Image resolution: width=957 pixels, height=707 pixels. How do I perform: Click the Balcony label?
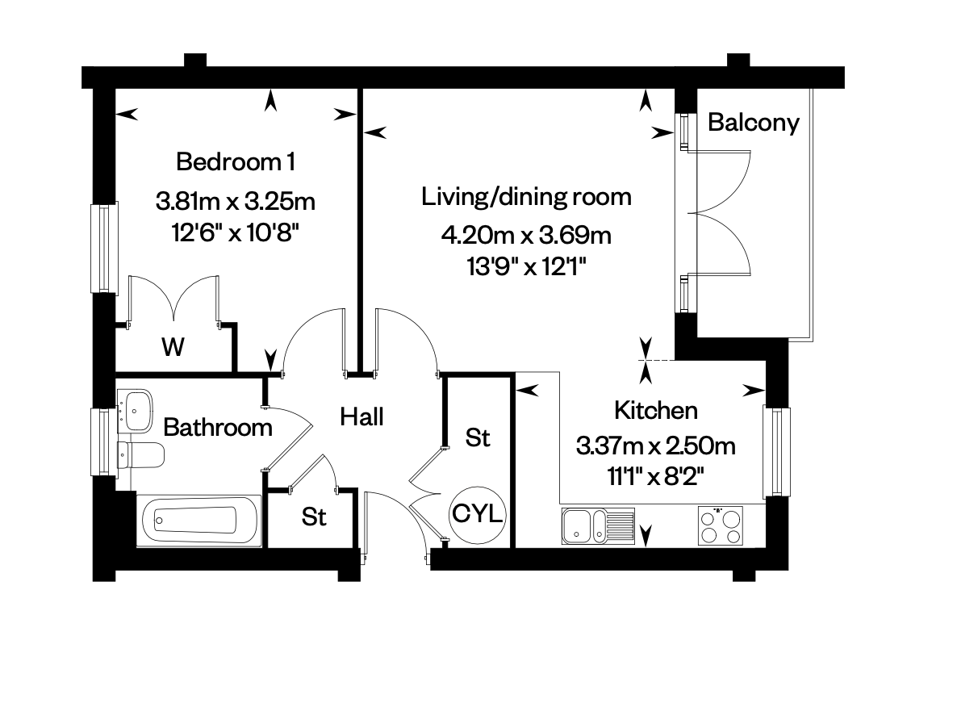click(x=753, y=123)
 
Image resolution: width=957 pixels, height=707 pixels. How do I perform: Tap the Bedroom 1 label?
click(x=236, y=161)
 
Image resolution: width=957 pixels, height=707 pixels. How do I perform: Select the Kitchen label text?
click(x=655, y=410)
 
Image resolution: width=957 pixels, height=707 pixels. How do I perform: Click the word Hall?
click(x=362, y=417)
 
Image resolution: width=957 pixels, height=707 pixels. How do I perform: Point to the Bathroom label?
click(x=218, y=428)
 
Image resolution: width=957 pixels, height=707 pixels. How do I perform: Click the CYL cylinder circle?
click(x=478, y=513)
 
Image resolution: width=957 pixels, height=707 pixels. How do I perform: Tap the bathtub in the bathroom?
click(x=199, y=521)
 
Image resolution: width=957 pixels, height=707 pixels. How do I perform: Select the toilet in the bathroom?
click(x=141, y=455)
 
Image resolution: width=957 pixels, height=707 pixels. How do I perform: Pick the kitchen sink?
click(x=598, y=525)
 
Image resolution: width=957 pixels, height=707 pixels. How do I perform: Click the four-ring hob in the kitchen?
click(x=721, y=525)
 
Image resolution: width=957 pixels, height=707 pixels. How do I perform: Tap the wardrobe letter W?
click(x=173, y=347)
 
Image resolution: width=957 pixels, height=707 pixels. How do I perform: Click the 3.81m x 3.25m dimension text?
click(x=236, y=201)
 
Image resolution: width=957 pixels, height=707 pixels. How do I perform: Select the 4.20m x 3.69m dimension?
click(x=526, y=235)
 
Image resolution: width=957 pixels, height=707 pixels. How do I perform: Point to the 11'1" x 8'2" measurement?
click(x=656, y=476)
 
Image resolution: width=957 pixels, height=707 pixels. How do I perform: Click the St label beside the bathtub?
click(x=314, y=517)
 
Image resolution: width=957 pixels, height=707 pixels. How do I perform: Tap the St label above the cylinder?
click(x=477, y=437)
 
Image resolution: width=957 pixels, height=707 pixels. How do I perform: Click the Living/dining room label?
click(x=526, y=197)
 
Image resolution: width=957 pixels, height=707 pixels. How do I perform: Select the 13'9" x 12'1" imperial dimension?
click(x=526, y=267)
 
